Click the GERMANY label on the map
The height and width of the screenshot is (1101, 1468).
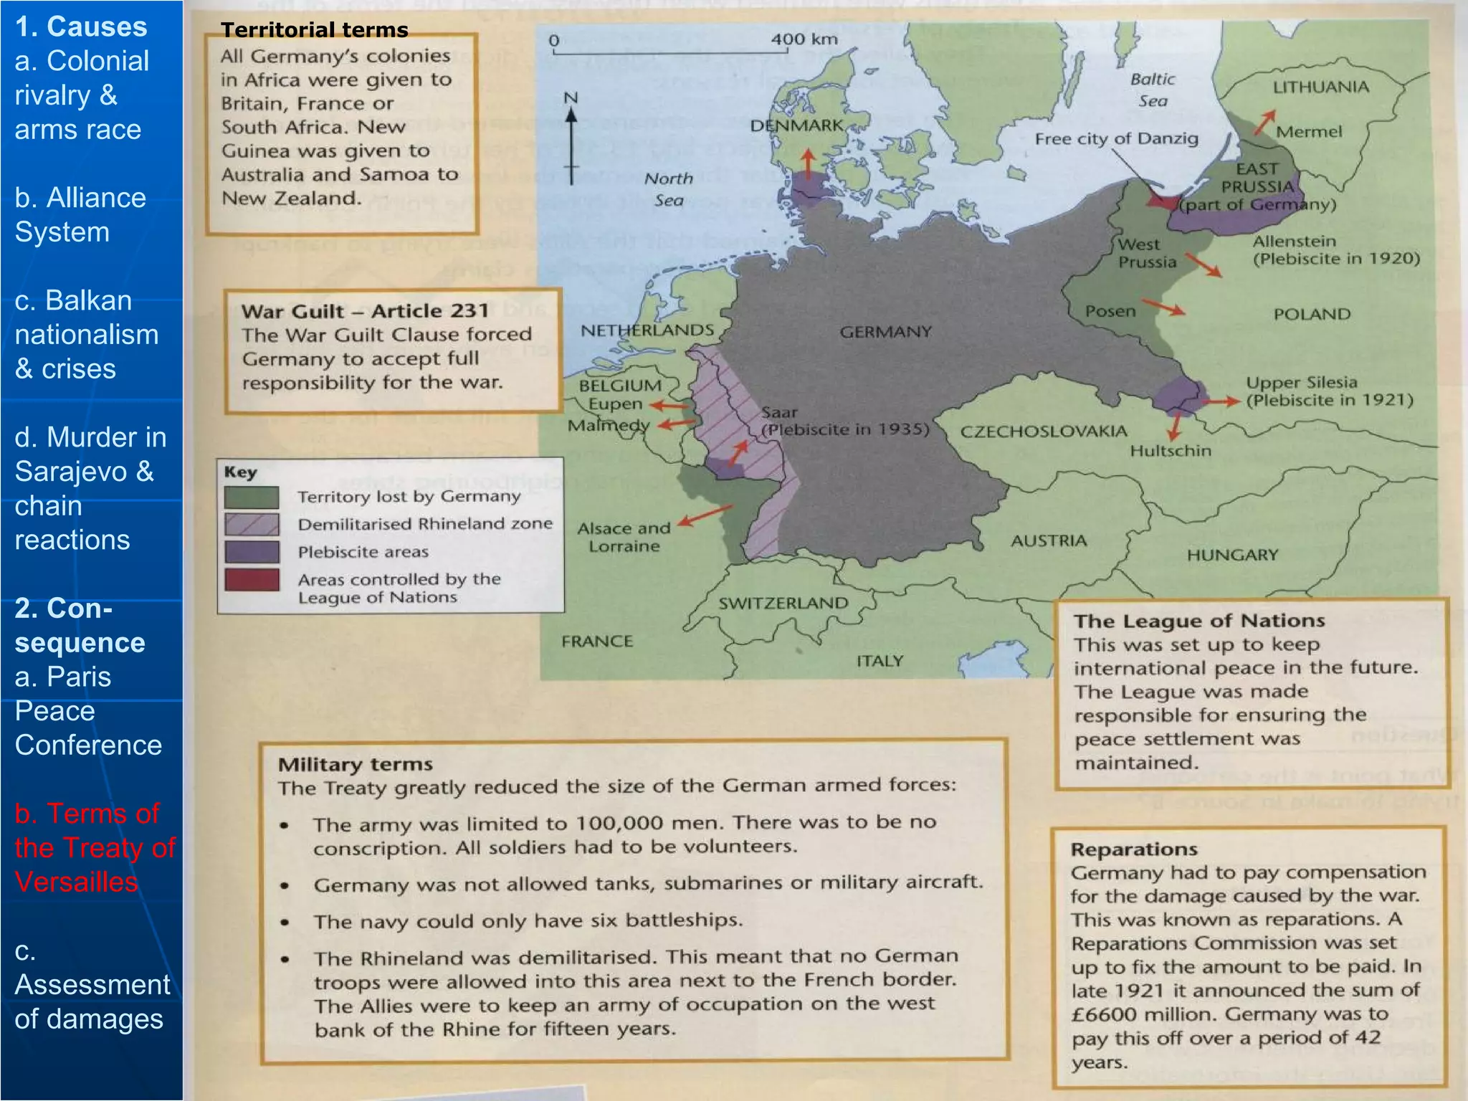coord(886,332)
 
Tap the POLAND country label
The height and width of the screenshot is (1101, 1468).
coord(1312,314)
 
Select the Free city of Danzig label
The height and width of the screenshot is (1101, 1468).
coord(1116,138)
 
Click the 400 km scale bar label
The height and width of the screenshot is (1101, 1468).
coord(804,39)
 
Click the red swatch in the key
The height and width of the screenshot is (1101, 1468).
coord(252,579)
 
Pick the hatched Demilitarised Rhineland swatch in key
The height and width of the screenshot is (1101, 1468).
coord(252,524)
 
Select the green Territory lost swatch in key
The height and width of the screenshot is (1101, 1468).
coord(252,497)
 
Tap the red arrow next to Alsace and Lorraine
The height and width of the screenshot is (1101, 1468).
coord(705,515)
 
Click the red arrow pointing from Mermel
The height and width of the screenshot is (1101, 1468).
coord(1264,123)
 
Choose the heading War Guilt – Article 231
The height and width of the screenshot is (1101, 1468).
coord(365,311)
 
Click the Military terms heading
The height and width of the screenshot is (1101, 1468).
coord(356,764)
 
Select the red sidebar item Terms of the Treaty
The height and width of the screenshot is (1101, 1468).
coord(94,847)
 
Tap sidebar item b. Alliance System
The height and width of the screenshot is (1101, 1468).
coord(80,214)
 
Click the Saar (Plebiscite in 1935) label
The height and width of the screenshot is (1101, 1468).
coord(844,421)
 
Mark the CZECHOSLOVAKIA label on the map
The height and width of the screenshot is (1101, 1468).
coord(1044,432)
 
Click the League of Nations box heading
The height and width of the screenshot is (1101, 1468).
coord(1198,621)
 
